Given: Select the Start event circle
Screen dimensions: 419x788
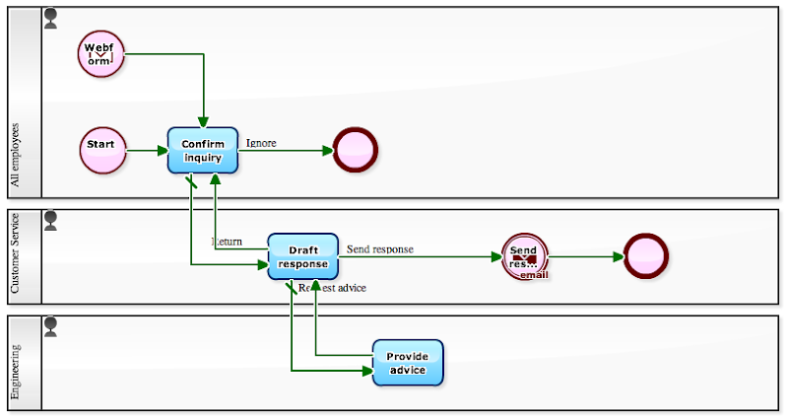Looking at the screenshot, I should point(102,150).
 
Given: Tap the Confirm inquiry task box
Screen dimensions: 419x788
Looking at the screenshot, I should point(203,150).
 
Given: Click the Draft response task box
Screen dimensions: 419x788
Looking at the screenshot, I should point(302,256).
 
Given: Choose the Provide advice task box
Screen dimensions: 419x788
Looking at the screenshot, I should point(408,363).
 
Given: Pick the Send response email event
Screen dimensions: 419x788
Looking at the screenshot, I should point(524,256).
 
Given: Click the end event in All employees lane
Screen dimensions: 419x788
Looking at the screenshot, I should point(356,150).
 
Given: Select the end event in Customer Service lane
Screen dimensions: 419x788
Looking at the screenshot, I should point(646,256).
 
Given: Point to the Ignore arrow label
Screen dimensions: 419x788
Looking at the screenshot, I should point(261,143).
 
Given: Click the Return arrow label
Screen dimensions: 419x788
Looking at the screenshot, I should point(227,242).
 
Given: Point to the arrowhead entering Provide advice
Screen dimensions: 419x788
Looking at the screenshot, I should point(366,371).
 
